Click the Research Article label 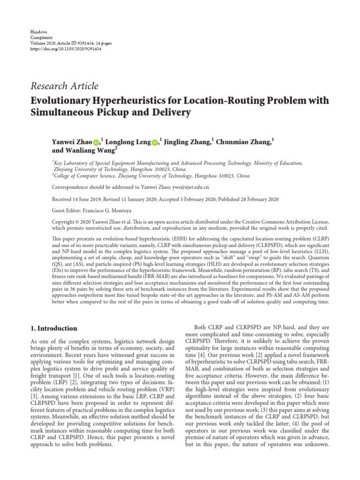(64, 86)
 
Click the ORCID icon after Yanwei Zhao (97, 142)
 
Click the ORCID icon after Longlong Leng (155, 142)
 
